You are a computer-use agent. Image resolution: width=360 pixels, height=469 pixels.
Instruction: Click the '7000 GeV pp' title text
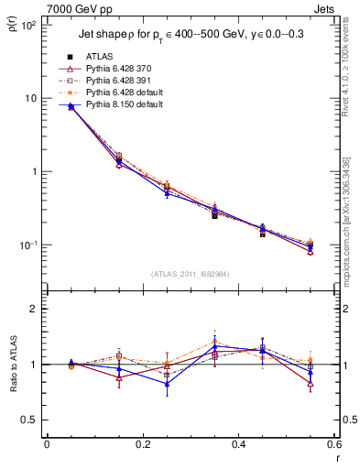[79, 9]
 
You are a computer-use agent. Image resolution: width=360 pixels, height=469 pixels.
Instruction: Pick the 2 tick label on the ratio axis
[33, 310]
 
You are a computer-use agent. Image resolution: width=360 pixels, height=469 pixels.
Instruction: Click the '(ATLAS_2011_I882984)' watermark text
[191, 274]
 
